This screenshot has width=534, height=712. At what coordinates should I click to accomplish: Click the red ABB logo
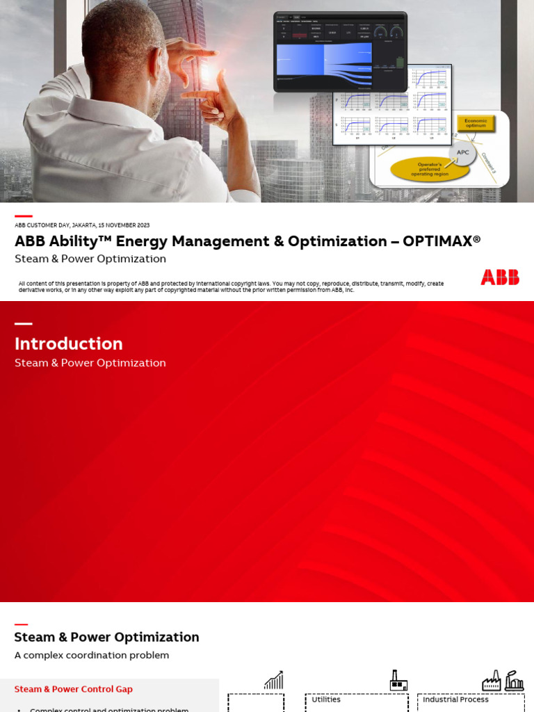click(x=499, y=277)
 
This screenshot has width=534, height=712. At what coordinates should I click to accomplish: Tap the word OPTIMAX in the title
click(x=442, y=241)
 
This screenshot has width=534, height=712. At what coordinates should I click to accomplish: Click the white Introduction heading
click(x=69, y=343)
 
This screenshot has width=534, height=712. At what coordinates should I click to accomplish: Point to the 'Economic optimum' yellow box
click(x=476, y=124)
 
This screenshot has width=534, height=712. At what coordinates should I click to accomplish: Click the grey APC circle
click(x=462, y=153)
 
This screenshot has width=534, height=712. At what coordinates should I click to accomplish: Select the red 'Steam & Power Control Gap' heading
click(x=74, y=689)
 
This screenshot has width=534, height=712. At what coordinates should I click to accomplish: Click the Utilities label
click(x=326, y=699)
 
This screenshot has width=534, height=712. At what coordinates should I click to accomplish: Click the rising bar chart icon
click(x=274, y=680)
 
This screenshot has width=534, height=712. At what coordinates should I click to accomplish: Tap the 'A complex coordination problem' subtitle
click(x=92, y=655)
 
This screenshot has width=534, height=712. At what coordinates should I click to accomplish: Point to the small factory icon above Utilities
click(x=398, y=680)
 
